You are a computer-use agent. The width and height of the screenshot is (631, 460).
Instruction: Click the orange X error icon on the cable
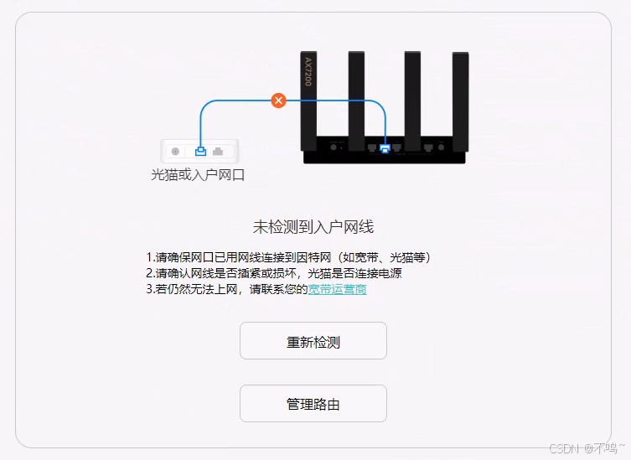(279, 101)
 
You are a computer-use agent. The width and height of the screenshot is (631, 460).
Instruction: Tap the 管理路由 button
(313, 404)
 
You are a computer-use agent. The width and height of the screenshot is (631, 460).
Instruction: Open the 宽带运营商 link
(337, 290)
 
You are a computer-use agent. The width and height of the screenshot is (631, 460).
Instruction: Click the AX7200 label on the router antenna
(308, 72)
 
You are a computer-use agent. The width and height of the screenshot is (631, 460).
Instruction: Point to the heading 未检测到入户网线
(313, 227)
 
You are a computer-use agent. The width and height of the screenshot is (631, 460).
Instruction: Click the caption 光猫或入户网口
(197, 175)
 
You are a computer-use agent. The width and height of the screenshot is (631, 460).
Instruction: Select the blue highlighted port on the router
(385, 149)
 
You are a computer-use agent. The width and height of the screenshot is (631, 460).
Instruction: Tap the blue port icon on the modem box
(200, 152)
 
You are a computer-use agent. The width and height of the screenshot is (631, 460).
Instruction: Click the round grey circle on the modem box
(175, 152)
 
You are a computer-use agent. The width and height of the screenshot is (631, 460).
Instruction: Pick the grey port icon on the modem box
(219, 152)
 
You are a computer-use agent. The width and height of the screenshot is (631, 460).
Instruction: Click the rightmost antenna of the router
(460, 96)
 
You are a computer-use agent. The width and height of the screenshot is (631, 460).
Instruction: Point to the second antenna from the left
(356, 96)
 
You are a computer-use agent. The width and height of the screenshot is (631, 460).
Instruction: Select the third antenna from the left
(412, 96)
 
